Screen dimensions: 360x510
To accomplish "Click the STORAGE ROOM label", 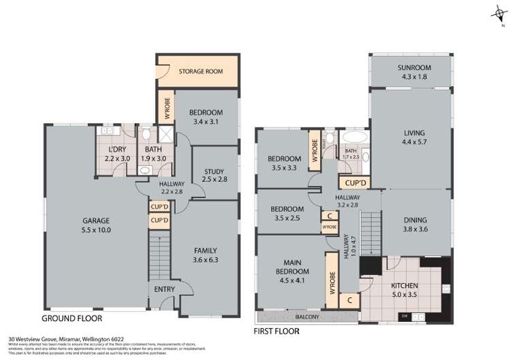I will (x=198, y=70).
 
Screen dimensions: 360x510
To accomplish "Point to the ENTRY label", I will (x=164, y=289).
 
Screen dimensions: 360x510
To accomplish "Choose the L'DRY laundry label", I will (x=118, y=154).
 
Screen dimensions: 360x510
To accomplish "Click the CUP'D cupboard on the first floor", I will (x=355, y=182).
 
